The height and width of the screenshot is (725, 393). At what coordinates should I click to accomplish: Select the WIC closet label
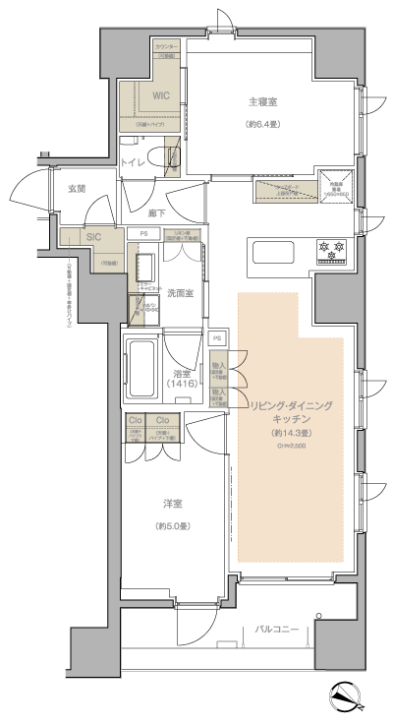click(x=161, y=96)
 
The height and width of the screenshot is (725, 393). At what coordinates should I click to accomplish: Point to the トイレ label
click(x=136, y=163)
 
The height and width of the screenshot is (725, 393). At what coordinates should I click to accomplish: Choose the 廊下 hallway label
click(x=157, y=212)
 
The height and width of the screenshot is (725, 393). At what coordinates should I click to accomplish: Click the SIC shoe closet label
click(x=94, y=237)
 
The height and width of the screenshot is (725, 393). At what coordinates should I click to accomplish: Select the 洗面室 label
click(x=179, y=292)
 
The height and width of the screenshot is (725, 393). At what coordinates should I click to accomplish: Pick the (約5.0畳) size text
click(x=175, y=527)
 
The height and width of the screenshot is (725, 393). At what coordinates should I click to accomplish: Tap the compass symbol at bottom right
click(x=347, y=696)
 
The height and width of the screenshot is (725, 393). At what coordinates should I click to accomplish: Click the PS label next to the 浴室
click(x=217, y=338)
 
